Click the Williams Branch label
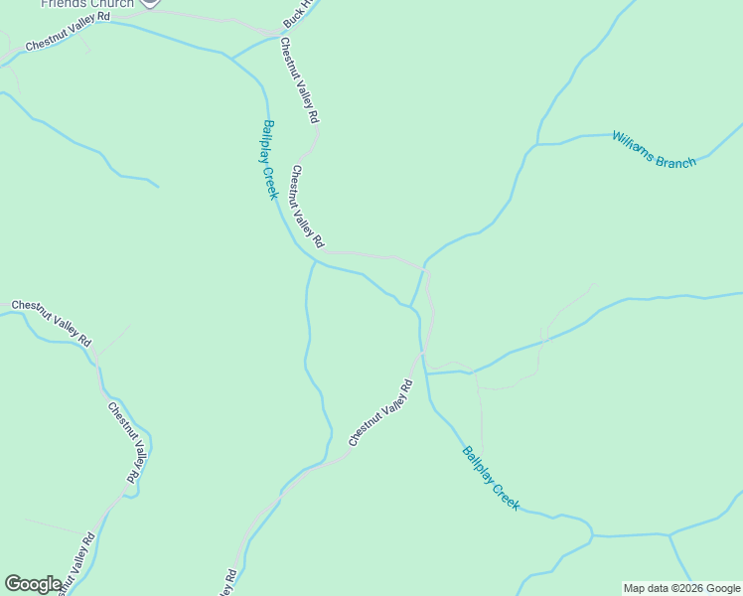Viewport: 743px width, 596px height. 654,149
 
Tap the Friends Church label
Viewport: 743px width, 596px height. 87,4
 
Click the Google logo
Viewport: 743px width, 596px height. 33,584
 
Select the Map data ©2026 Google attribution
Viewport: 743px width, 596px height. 681,588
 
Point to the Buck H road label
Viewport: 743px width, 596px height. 297,13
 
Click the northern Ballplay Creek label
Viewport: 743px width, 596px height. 269,160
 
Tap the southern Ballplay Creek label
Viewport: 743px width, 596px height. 491,478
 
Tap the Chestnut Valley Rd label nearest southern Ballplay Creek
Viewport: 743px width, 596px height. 380,412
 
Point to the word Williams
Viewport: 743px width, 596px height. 633,142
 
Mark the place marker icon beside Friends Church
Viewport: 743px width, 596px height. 149,3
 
